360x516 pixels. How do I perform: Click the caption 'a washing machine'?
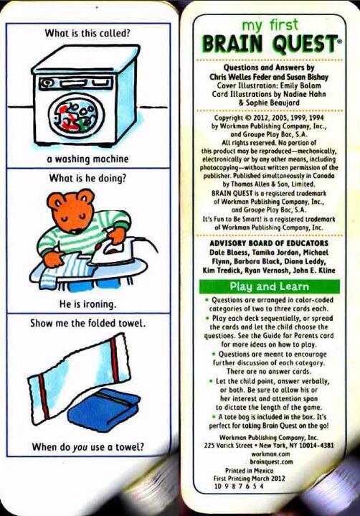click(x=87, y=159)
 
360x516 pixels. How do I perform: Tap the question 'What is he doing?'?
click(x=87, y=178)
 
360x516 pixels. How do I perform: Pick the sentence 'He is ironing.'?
click(x=87, y=304)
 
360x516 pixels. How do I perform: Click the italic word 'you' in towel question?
click(x=80, y=448)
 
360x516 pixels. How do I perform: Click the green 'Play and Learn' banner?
click(x=269, y=286)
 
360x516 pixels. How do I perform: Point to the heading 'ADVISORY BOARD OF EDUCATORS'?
click(x=269, y=243)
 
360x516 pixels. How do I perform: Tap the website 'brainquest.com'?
click(x=272, y=461)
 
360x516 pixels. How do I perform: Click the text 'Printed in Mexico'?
click(x=250, y=471)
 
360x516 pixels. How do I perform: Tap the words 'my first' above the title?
click(x=270, y=26)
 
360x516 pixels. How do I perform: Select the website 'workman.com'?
click(x=270, y=454)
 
